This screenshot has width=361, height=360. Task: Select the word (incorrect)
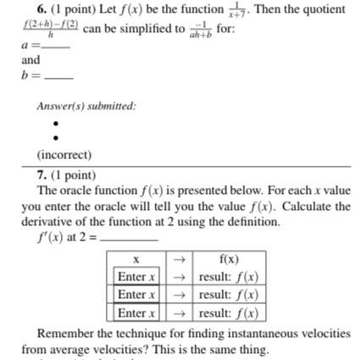[x=64, y=155]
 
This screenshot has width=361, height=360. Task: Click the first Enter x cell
[x=136, y=277]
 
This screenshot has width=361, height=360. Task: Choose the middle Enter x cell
[x=136, y=295]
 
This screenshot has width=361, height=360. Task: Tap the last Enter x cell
[x=136, y=313]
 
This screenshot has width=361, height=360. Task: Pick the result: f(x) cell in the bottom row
[x=228, y=313]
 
